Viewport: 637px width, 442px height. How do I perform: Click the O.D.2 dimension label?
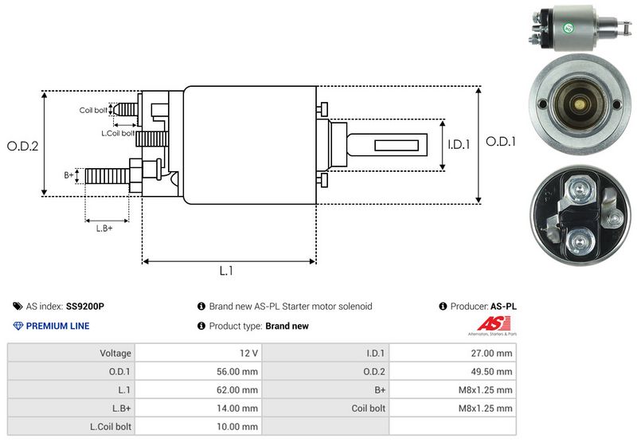(23, 146)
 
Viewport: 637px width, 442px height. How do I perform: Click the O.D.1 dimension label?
(502, 141)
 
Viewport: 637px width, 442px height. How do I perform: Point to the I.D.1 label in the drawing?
(459, 145)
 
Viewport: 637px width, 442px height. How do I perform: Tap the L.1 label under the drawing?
(226, 271)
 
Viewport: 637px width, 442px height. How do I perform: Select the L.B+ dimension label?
(104, 229)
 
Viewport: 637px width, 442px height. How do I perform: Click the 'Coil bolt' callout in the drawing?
(93, 110)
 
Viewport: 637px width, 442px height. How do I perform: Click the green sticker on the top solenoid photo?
(569, 29)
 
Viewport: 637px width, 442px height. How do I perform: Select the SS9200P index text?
(85, 306)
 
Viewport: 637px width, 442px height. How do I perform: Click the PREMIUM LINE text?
(57, 326)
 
